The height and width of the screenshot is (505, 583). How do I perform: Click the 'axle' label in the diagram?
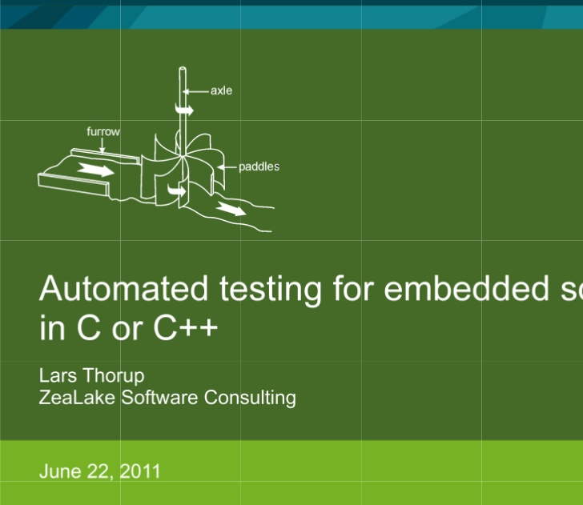[221, 90]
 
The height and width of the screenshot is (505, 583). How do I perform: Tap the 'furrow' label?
[103, 130]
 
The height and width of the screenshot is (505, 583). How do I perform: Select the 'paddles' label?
[259, 166]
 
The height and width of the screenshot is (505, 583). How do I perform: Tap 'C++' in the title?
[186, 329]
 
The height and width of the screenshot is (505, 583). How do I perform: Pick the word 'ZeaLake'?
[78, 397]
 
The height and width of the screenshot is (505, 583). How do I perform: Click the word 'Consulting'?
[250, 398]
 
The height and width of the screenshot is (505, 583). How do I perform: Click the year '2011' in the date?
[141, 471]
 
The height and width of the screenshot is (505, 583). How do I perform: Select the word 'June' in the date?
[58, 471]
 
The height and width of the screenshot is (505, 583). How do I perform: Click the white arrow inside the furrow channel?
[96, 170]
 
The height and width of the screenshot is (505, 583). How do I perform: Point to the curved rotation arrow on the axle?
[185, 109]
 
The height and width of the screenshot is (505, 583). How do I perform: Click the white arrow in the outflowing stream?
[231, 209]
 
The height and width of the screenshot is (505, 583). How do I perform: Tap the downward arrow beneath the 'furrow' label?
[103, 144]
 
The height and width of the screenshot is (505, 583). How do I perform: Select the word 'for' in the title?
[352, 288]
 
